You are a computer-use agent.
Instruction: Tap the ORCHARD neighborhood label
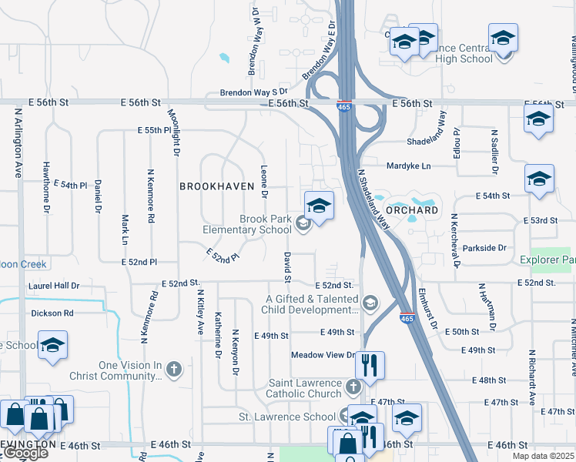(x=411, y=209)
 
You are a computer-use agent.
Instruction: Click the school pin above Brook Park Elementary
(x=319, y=206)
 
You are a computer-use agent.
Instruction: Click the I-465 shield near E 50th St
(x=408, y=316)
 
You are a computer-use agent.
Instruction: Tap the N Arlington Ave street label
(x=18, y=142)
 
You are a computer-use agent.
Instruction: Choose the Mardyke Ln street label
(x=409, y=165)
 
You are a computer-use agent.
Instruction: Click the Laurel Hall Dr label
(x=55, y=285)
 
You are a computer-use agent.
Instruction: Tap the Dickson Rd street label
(x=52, y=313)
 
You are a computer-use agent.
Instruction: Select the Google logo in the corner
(x=25, y=454)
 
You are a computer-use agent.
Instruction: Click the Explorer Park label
(x=552, y=260)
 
